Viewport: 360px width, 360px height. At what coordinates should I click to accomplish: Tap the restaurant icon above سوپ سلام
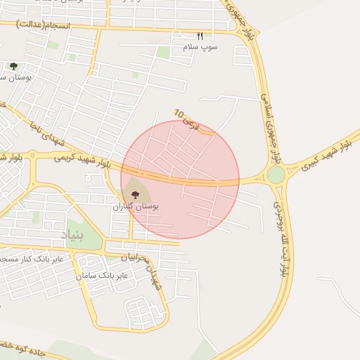tap(200, 37)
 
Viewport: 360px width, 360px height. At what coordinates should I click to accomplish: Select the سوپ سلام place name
tap(200, 46)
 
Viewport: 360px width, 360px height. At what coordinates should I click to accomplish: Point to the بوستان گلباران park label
tap(136, 207)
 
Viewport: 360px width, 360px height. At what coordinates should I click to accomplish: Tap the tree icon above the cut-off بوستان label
tap(13, 66)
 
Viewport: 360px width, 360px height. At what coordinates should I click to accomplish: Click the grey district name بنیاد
tap(75, 235)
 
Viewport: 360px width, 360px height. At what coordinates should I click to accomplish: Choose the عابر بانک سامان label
tap(103, 276)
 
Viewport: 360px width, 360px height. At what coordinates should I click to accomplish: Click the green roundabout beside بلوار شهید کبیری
tap(276, 174)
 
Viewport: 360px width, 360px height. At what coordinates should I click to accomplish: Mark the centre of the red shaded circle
tap(180, 179)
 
